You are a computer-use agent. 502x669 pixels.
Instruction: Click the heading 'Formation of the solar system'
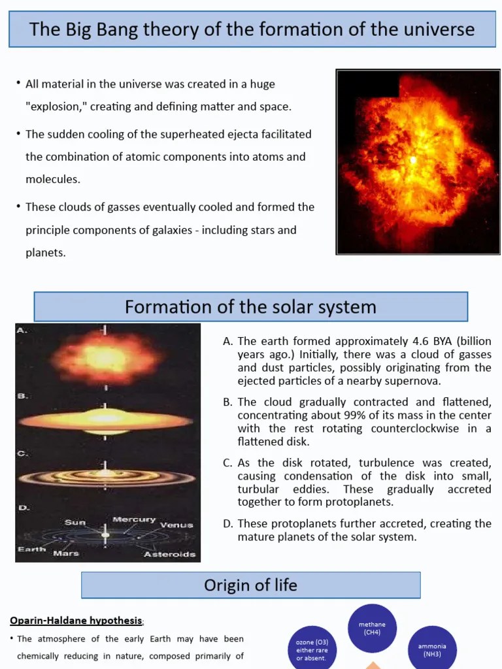(x=250, y=306)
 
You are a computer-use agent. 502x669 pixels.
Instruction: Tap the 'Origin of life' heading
(x=250, y=585)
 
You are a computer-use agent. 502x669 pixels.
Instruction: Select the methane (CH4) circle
(x=372, y=628)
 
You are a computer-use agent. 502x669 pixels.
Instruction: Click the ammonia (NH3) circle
(x=432, y=649)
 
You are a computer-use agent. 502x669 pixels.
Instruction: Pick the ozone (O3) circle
(x=312, y=649)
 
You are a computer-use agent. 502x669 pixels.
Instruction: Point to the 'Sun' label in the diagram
(x=75, y=522)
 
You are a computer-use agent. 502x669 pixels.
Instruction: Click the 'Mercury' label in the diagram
(x=134, y=519)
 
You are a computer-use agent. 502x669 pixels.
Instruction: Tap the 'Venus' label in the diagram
(x=176, y=525)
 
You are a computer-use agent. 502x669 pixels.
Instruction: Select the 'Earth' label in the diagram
(x=31, y=549)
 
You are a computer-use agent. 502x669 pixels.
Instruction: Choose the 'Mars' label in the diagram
(x=66, y=553)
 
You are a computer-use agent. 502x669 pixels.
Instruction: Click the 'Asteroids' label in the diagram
(x=169, y=554)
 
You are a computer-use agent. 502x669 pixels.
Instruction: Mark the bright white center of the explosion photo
(x=412, y=159)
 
